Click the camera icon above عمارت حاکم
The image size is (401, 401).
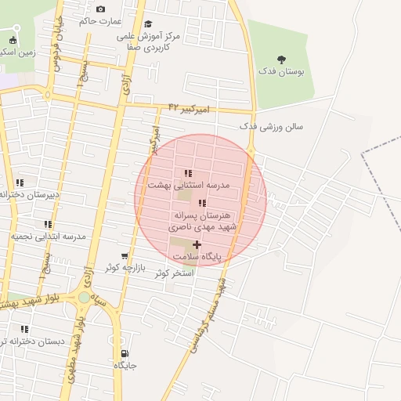[100, 9]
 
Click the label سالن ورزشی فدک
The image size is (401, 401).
[271, 126]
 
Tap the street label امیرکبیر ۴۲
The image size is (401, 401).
[190, 109]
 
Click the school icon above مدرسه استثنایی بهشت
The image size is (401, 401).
[187, 174]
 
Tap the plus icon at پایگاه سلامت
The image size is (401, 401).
[197, 245]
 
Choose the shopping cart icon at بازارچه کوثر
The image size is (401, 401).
[125, 256]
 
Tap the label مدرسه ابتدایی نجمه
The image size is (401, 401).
[49, 236]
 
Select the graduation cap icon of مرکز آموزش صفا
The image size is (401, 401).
[149, 24]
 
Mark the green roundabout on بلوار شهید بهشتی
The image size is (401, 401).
[84, 298]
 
